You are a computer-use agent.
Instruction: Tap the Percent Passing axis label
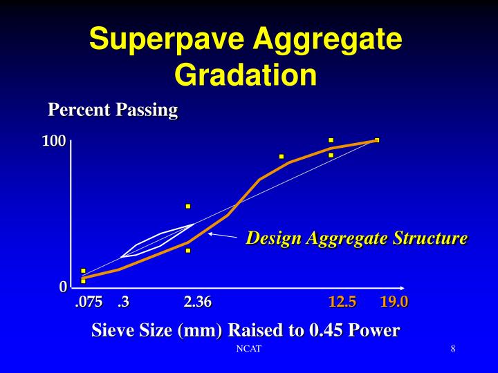(113, 110)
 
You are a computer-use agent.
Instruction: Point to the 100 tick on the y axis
(54, 142)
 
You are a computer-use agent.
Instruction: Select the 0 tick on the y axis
(63, 287)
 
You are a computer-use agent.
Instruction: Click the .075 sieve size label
(89, 302)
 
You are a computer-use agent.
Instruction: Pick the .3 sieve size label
(124, 302)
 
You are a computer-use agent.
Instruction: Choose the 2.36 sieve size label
(198, 302)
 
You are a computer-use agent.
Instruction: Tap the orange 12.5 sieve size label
(342, 302)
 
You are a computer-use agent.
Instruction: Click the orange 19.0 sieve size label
(394, 302)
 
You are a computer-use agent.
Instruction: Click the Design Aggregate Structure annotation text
(357, 239)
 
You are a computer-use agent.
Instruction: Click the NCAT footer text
(248, 349)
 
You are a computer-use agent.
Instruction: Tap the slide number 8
(452, 349)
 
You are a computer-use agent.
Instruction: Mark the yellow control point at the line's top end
(377, 140)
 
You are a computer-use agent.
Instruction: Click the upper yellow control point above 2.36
(187, 206)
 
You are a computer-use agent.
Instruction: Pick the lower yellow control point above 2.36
(187, 250)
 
